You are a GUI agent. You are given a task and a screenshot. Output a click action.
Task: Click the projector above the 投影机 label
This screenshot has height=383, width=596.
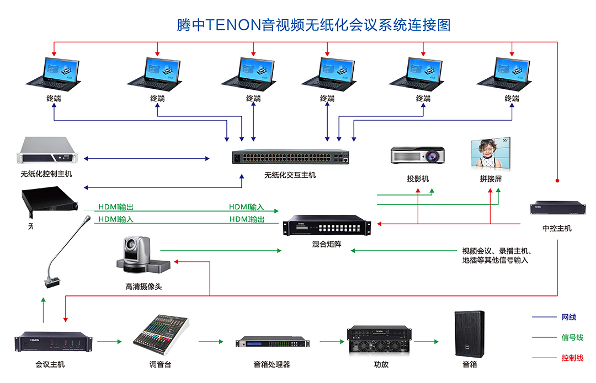(418, 155)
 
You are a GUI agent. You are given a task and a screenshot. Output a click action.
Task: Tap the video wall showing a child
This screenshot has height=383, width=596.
(490, 154)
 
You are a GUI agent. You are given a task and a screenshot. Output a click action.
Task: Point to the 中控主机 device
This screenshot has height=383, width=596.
(557, 208)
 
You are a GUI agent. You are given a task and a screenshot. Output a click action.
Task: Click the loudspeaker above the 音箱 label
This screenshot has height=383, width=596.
(469, 333)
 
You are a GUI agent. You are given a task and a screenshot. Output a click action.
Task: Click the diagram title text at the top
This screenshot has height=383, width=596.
(313, 25)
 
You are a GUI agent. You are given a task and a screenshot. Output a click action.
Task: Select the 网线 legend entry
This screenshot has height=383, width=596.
(568, 317)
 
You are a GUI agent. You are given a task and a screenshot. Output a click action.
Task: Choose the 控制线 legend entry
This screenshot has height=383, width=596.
(572, 358)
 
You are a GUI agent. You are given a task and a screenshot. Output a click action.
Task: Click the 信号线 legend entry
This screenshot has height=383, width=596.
(572, 337)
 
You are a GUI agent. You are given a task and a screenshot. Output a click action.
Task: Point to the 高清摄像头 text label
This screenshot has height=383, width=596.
(143, 287)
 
